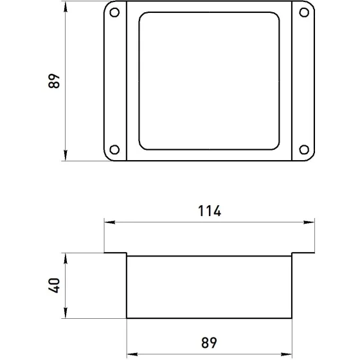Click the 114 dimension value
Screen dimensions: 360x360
(210, 211)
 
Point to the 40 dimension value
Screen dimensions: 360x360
(54, 285)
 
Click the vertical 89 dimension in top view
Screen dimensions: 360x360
(54, 81)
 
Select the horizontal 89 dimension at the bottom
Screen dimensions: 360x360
(209, 343)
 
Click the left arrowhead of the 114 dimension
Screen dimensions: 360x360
(109, 222)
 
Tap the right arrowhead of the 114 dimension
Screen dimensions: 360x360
(309, 222)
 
